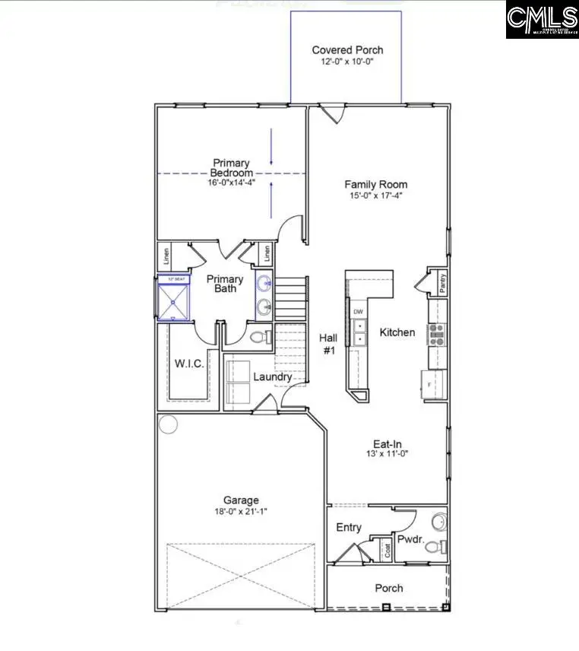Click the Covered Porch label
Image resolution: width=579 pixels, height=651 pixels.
[x=347, y=50]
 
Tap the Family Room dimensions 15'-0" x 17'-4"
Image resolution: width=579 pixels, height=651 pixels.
[x=375, y=195]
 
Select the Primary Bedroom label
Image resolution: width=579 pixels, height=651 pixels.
[x=231, y=168]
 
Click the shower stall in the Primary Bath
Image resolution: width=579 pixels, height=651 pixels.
[x=172, y=298]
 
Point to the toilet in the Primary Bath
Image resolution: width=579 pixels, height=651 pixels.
[x=256, y=336]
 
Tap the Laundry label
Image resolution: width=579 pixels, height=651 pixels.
[x=272, y=376]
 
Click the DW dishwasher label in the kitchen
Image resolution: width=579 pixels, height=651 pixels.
[x=358, y=312]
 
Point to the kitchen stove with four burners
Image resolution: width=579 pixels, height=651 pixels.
[x=437, y=334]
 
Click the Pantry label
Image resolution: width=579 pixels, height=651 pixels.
[x=441, y=283]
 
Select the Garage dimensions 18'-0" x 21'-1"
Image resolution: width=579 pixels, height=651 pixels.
[x=240, y=511]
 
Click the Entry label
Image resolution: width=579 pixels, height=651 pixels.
[x=349, y=527]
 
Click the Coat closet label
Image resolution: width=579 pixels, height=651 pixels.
[x=388, y=551]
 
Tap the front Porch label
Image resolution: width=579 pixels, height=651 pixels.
[x=388, y=588]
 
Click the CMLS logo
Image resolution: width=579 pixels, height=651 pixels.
[x=542, y=19]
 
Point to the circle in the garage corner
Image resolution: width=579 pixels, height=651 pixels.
[x=168, y=424]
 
